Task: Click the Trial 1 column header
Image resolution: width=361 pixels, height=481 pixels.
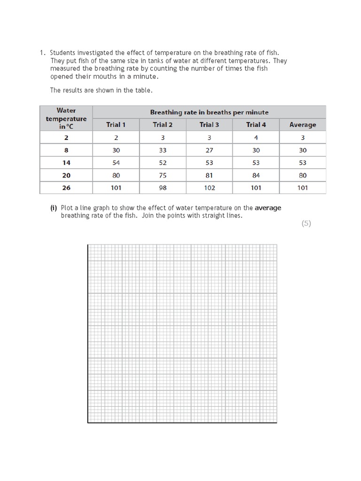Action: tap(116, 124)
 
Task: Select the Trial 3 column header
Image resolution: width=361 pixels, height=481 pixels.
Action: tap(209, 124)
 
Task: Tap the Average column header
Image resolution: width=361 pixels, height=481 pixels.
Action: tap(303, 124)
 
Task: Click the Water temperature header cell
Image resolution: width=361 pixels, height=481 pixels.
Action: tap(66, 118)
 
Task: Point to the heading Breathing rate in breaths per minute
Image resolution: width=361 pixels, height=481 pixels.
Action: tap(209, 112)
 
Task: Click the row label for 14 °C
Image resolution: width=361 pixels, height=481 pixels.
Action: tap(66, 163)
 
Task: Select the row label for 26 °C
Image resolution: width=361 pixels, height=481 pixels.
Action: tap(66, 187)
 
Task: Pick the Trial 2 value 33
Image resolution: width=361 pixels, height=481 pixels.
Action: tap(163, 150)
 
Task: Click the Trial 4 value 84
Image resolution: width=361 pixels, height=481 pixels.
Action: tap(256, 175)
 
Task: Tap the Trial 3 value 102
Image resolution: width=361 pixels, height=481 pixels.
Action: tap(209, 187)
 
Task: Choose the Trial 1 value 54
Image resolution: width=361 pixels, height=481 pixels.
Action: tap(116, 163)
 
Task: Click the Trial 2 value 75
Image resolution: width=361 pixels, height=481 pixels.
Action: tap(163, 175)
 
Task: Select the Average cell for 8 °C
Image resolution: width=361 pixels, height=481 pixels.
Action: tap(303, 150)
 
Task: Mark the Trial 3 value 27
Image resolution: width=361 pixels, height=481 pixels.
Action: tap(209, 150)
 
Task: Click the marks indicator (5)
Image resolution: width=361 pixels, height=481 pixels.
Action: tap(306, 224)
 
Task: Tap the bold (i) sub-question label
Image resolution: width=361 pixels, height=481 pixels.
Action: tap(54, 208)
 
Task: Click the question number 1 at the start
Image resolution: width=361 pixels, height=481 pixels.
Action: tap(42, 53)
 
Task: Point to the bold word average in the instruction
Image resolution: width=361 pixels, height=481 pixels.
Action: tap(268, 208)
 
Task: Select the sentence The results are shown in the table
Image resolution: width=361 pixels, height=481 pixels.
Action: tap(101, 90)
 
